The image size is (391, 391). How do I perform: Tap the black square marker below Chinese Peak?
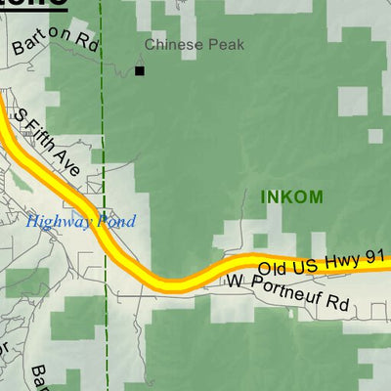click(x=140, y=70)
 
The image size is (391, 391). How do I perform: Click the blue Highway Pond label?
click(x=80, y=222)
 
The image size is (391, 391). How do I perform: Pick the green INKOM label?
click(x=291, y=196)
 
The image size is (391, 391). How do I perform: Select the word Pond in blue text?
click(x=115, y=222)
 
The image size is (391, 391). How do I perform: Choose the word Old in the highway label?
click(x=272, y=266)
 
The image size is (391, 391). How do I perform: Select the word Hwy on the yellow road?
click(x=343, y=259)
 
